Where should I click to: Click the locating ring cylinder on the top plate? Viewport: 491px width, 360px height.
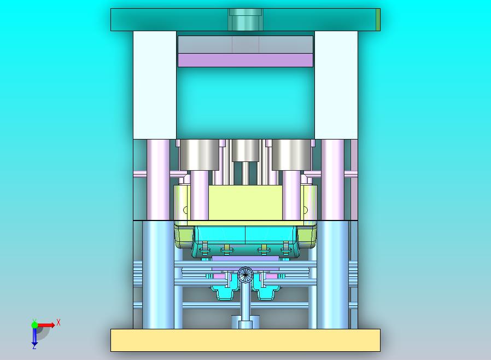(x=245, y=20)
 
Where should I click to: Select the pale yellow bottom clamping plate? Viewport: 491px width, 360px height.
(x=245, y=340)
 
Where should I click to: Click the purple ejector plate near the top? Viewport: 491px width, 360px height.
(x=245, y=60)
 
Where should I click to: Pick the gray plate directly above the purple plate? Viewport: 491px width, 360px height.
(x=245, y=44)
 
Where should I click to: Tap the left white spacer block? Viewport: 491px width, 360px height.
(x=155, y=85)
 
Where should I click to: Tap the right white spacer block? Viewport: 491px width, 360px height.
(x=336, y=85)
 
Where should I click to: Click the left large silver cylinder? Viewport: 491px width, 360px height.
(x=199, y=154)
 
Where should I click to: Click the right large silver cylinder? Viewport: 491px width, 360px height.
(x=291, y=154)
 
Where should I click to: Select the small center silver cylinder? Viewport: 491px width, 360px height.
(x=245, y=150)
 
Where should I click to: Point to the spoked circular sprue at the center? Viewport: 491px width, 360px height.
(x=246, y=274)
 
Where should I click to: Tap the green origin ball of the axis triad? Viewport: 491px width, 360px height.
(x=34, y=325)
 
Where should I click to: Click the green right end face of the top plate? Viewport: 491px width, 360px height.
(x=378, y=20)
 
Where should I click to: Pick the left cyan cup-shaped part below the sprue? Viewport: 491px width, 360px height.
(x=225, y=293)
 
